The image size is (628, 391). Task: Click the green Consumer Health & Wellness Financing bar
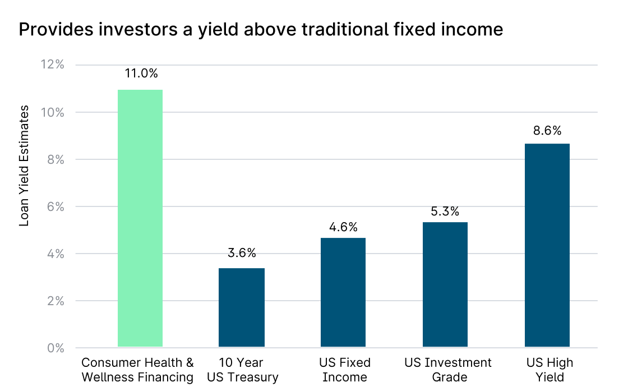(x=140, y=218)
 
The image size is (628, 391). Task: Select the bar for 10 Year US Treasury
(x=242, y=307)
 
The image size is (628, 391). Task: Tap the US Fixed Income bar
(x=343, y=292)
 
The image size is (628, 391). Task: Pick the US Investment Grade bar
(x=445, y=284)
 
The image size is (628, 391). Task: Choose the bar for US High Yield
(x=547, y=245)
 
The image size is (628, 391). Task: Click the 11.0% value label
(x=141, y=73)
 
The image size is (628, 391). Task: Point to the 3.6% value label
(x=242, y=253)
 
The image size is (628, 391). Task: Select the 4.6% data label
(x=343, y=227)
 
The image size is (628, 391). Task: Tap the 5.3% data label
(x=445, y=211)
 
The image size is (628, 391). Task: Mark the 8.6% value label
(x=547, y=131)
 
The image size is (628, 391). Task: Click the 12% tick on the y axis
(x=53, y=64)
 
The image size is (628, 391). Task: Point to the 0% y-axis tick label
(x=56, y=348)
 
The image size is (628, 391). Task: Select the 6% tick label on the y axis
(x=56, y=206)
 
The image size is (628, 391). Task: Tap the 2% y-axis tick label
(x=56, y=301)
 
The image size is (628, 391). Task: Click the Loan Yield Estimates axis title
(x=24, y=165)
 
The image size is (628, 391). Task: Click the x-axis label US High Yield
(x=549, y=370)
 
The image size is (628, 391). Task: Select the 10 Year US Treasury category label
(x=242, y=370)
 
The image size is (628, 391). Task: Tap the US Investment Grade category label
(x=448, y=370)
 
